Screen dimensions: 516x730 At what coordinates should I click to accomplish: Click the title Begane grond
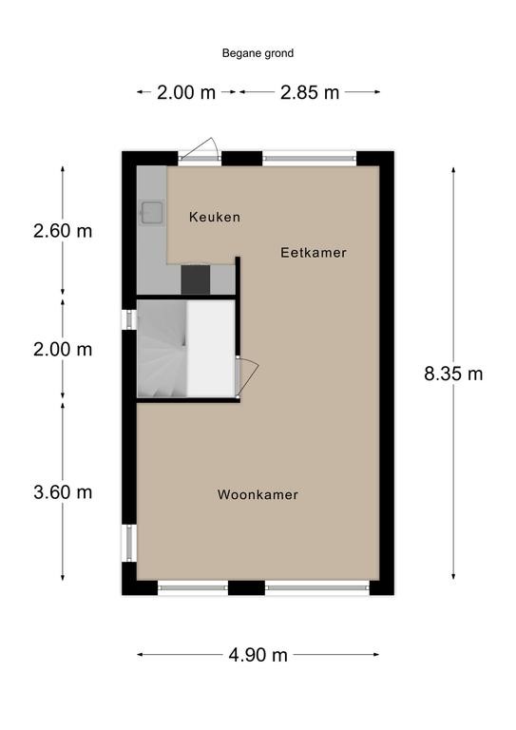click(258, 53)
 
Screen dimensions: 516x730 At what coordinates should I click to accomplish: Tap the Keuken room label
click(215, 217)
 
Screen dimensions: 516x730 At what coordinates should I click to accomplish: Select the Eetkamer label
click(314, 253)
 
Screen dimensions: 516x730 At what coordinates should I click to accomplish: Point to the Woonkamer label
click(258, 494)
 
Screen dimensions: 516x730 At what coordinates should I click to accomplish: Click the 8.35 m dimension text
click(453, 374)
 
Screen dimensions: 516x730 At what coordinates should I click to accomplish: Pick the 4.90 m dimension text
click(258, 655)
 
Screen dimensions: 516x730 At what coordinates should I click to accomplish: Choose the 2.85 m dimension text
click(310, 92)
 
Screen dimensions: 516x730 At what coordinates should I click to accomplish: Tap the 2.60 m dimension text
click(63, 231)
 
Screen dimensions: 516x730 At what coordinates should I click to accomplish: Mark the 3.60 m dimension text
click(63, 492)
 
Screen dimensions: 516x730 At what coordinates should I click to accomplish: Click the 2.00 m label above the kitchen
click(186, 92)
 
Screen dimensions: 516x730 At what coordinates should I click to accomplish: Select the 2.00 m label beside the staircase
click(63, 349)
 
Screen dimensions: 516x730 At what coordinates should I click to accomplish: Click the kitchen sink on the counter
click(152, 213)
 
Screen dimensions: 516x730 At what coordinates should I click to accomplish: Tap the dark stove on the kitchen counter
click(196, 279)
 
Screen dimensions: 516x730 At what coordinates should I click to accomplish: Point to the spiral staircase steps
click(162, 349)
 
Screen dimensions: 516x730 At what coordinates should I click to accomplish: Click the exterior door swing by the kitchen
click(201, 149)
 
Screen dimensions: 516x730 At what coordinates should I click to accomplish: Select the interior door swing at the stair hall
click(247, 377)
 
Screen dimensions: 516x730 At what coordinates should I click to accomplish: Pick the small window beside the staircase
click(129, 319)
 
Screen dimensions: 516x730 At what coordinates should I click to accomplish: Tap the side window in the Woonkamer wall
click(129, 543)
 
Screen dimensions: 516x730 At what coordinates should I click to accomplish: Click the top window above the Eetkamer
click(310, 159)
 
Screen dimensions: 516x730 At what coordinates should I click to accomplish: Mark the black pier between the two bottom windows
click(247, 587)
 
